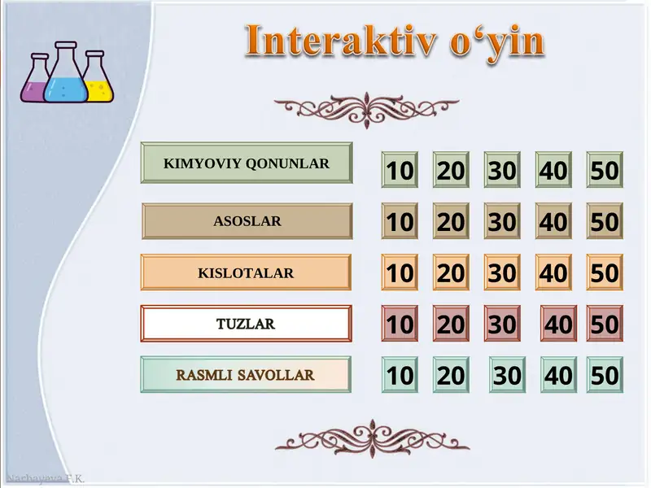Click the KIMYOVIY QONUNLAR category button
point(247,163)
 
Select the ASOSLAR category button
point(247,221)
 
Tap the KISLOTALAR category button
point(246,273)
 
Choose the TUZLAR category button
point(246,324)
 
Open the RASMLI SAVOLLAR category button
point(246,375)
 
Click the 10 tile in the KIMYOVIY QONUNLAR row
point(400,170)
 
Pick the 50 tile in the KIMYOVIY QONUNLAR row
point(605,170)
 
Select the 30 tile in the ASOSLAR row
point(502,221)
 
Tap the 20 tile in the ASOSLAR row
point(451,221)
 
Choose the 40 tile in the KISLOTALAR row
point(553,272)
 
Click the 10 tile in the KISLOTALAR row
point(400,272)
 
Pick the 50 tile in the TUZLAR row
point(605,324)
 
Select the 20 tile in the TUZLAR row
point(451,324)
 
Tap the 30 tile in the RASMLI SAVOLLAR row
point(507,375)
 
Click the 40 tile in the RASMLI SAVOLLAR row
point(558,375)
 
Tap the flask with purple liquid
point(36,81)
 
